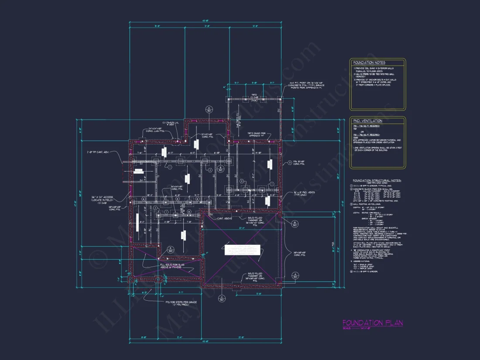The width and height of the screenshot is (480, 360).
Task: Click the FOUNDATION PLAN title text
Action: pos(372,323)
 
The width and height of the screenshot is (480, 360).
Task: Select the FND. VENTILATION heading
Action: pos(367,121)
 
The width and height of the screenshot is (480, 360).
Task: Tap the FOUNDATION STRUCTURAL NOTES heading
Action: pos(377,180)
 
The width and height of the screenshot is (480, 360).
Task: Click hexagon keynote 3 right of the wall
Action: pos(289,162)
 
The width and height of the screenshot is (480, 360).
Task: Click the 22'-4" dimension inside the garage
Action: pos(241,228)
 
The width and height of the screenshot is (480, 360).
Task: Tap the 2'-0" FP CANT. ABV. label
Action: pos(99,152)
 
